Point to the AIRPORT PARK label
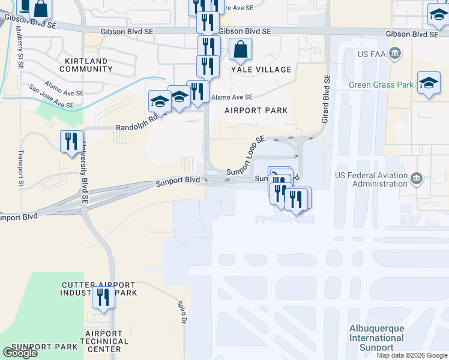tap(256, 110)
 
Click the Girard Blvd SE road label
tap(327, 100)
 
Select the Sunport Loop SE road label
tap(246, 156)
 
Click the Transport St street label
tap(21, 169)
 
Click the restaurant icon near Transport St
tap(71, 142)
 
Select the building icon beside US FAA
tap(396, 54)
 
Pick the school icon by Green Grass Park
tap(429, 84)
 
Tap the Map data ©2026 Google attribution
tap(412, 355)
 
